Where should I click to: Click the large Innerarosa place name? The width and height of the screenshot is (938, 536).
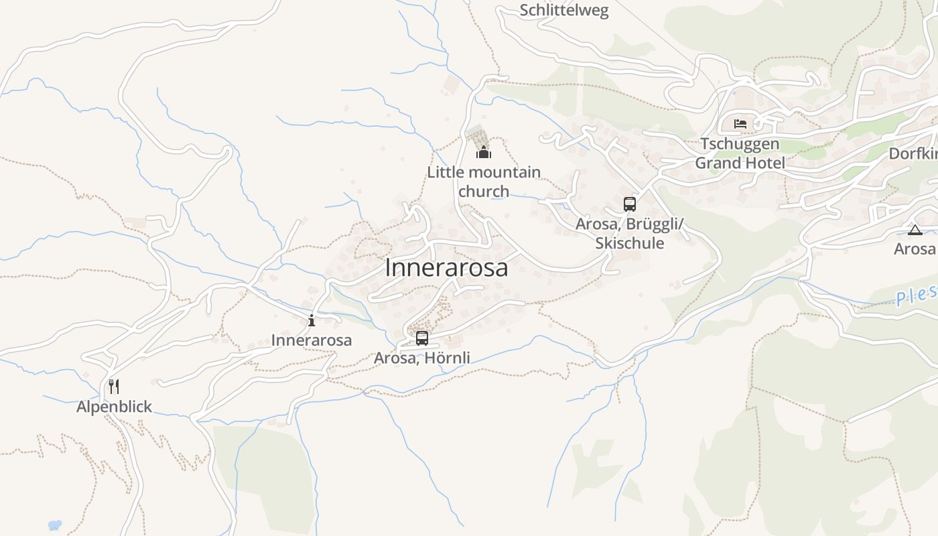click(x=446, y=267)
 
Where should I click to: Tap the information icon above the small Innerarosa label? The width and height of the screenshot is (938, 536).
click(x=312, y=320)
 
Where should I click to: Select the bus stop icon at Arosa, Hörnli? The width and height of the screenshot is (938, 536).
click(x=422, y=338)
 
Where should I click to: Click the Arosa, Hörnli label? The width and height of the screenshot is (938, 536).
click(x=421, y=358)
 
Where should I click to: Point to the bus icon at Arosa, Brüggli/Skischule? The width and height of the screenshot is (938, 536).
click(x=629, y=204)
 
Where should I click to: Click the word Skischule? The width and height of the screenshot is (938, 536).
click(x=629, y=243)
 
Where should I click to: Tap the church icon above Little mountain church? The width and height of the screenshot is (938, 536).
click(x=484, y=153)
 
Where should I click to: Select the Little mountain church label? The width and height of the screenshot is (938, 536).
click(x=484, y=182)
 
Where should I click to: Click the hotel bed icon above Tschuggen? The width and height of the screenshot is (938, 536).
click(x=740, y=124)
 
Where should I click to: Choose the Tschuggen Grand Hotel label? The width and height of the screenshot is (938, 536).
click(x=740, y=153)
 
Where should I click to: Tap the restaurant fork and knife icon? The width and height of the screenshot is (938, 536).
click(x=114, y=387)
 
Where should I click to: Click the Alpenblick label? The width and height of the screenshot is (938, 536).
click(x=114, y=407)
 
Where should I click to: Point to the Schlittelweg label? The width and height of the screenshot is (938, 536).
click(x=564, y=10)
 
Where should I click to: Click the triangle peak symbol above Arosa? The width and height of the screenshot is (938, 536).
click(x=915, y=230)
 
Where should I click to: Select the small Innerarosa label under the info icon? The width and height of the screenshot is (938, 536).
click(x=312, y=340)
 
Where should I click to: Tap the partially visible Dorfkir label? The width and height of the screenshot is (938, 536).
click(x=913, y=153)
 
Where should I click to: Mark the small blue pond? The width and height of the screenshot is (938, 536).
click(x=55, y=525)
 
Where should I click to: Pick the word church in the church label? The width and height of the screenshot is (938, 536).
click(x=484, y=192)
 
